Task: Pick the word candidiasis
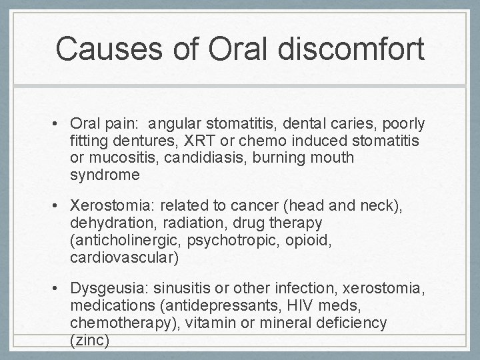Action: click(x=203, y=159)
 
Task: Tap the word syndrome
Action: click(x=104, y=176)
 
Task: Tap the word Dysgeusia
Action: click(x=109, y=288)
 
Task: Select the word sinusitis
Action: click(x=181, y=288)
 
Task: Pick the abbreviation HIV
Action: click(x=290, y=305)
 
